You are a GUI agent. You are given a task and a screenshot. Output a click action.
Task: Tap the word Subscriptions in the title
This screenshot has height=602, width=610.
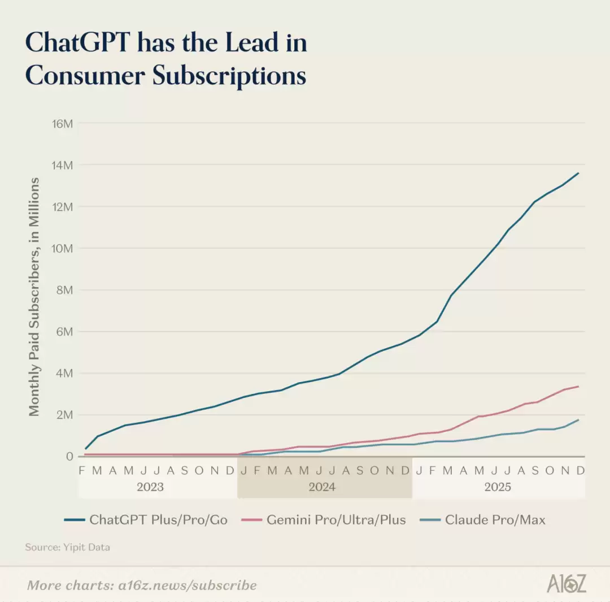(229, 76)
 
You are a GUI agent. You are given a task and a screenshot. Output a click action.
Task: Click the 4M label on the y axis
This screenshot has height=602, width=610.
(65, 373)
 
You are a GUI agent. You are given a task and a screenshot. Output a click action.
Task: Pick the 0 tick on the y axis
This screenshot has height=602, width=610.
(70, 456)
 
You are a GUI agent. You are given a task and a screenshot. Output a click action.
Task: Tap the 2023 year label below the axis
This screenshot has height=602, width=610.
(150, 487)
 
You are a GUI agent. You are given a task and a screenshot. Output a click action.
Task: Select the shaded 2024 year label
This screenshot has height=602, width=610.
(322, 487)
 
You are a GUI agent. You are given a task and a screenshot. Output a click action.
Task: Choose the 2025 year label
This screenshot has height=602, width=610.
(498, 487)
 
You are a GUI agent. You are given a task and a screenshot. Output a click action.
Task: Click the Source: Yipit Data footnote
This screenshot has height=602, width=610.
(67, 547)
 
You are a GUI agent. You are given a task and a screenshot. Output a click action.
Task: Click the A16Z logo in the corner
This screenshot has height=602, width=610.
(566, 584)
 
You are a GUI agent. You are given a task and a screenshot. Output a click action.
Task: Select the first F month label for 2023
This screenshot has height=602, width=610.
(82, 470)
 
